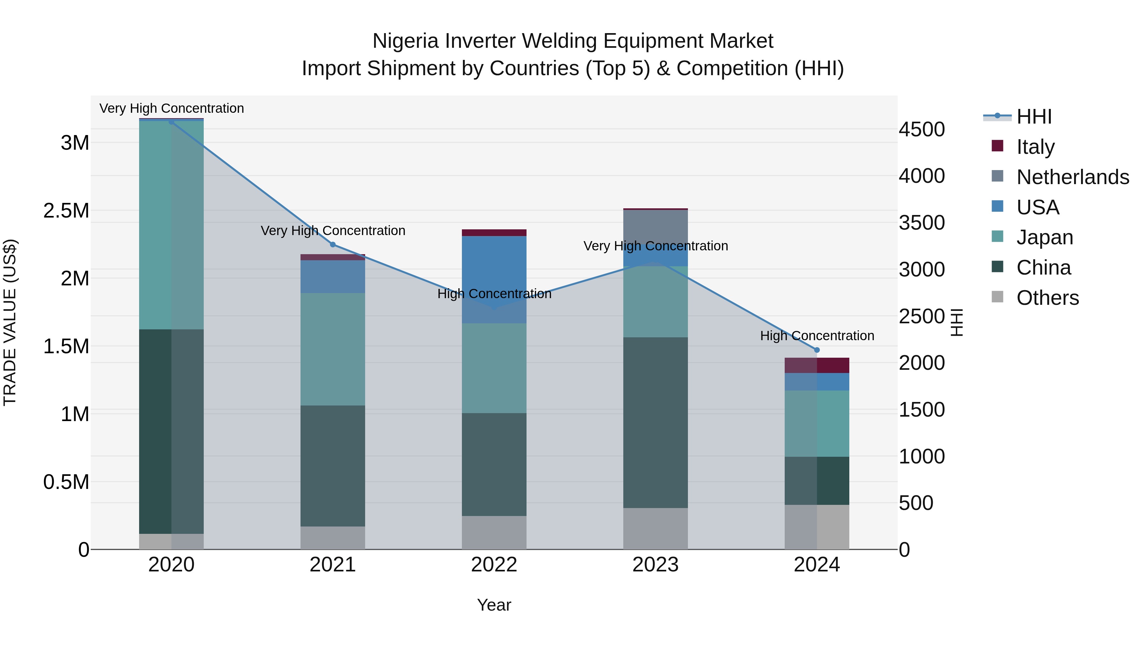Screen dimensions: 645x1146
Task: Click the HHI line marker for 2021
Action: pos(333,244)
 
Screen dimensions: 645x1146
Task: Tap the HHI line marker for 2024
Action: pos(817,350)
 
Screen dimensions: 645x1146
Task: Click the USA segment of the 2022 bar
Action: pos(494,280)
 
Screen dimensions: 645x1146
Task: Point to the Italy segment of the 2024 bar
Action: pos(817,365)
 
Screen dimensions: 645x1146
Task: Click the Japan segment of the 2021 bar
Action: pos(333,349)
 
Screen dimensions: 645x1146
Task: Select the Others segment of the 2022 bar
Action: pos(494,532)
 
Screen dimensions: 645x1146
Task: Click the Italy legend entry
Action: pos(1035,147)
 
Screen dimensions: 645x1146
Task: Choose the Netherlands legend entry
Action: pos(1072,177)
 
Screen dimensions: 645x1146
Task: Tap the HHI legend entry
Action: pos(1033,117)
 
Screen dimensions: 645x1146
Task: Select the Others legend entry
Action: pos(1047,298)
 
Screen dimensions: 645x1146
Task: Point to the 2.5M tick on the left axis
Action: pos(66,211)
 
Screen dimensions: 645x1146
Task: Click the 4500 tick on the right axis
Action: pos(921,130)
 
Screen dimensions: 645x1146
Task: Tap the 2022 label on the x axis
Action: pos(494,565)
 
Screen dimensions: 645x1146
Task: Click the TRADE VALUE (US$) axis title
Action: pos(10,322)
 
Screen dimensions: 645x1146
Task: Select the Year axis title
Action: pos(494,605)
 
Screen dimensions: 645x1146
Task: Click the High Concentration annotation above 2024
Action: pos(817,336)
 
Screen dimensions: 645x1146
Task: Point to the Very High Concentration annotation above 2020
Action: pos(172,108)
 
